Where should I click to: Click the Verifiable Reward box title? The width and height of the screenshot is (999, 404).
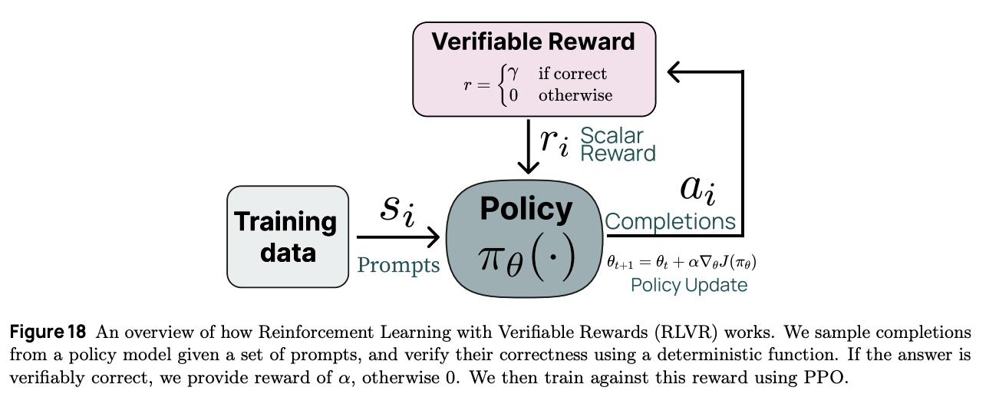coord(533,41)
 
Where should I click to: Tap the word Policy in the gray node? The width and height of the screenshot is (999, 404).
coord(526,209)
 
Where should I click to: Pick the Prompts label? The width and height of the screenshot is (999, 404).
coord(398,265)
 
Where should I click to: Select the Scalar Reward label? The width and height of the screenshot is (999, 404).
coord(618,144)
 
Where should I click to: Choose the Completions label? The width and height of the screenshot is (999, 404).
coord(670,222)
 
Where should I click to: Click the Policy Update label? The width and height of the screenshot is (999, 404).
coord(689,285)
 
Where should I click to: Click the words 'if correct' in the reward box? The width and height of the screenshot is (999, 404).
coord(572,74)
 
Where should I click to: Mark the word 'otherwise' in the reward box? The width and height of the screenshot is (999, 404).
coord(575,95)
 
